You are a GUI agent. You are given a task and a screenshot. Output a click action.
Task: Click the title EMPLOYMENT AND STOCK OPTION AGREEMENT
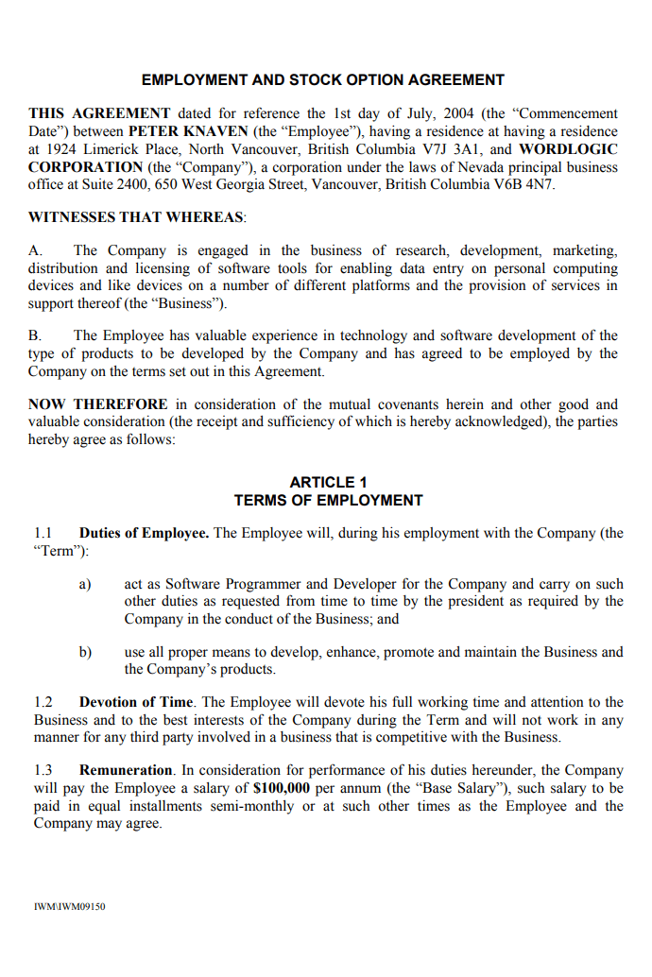coord(323,80)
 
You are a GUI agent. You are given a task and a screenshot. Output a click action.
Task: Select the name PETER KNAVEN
coord(188,131)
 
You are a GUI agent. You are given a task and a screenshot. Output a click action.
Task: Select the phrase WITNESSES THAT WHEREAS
coord(136,217)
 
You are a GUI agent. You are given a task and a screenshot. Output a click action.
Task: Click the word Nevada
coord(438,167)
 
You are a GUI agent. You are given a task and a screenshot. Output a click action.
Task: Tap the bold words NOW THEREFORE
coord(98,404)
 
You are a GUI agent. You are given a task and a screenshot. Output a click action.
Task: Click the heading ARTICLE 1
coord(329,482)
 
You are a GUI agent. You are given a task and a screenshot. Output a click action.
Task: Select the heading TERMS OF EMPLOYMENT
coord(329,500)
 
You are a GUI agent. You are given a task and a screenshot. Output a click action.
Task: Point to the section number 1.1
coord(43,533)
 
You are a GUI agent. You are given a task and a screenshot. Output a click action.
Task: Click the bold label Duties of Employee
coord(144,533)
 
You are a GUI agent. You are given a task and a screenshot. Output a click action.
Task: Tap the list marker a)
coord(85,584)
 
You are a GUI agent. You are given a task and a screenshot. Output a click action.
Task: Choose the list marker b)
coord(85,652)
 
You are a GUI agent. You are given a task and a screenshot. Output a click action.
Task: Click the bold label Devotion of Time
coord(136,702)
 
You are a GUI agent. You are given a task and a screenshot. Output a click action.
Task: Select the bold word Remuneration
coord(126,770)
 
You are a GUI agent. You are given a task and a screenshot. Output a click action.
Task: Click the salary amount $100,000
coord(283,788)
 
